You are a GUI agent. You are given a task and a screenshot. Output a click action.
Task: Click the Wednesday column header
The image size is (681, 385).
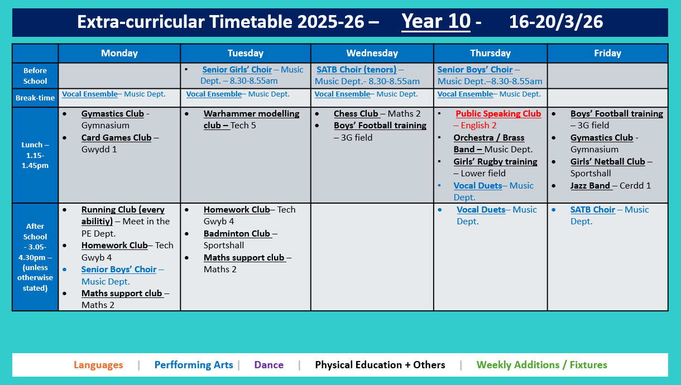pos(372,54)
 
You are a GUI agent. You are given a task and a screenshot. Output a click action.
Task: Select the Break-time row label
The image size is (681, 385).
pos(35,98)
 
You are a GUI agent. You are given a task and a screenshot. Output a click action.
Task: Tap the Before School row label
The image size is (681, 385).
pos(35,76)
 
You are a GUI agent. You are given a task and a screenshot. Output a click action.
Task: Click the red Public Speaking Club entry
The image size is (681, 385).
pos(498,114)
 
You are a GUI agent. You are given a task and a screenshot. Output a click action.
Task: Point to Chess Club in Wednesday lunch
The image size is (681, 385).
pos(356,114)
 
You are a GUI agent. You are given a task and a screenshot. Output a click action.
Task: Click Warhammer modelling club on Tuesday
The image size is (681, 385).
pos(251,119)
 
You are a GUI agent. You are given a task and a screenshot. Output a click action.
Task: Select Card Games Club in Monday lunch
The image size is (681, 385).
pos(116,138)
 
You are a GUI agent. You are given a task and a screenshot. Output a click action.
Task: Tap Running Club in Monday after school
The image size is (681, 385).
pos(123,215)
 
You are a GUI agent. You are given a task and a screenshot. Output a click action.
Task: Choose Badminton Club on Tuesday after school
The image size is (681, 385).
pos(237,234)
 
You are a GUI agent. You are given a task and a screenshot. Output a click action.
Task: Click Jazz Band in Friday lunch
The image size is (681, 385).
pos(590,186)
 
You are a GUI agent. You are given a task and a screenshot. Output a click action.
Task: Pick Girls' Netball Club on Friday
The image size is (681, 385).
pos(607,162)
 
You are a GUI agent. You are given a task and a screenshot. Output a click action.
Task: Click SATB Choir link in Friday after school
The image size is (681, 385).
pos(592,210)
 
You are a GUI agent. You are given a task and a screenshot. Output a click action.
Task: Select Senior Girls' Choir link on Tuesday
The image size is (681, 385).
pos(237,70)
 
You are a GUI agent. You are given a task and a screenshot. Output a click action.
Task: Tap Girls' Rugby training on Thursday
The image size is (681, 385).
pos(495,162)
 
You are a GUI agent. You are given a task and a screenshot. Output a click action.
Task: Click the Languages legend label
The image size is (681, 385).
pos(98,365)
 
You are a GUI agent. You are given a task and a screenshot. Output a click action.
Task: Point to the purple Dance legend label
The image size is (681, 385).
pos(269,365)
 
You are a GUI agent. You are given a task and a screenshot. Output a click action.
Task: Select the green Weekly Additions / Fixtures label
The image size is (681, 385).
pos(541,365)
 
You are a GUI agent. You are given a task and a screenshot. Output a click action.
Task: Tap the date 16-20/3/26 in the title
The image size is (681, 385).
pos(556,22)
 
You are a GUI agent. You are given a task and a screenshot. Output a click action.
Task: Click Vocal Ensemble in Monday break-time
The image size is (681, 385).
pos(90,94)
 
